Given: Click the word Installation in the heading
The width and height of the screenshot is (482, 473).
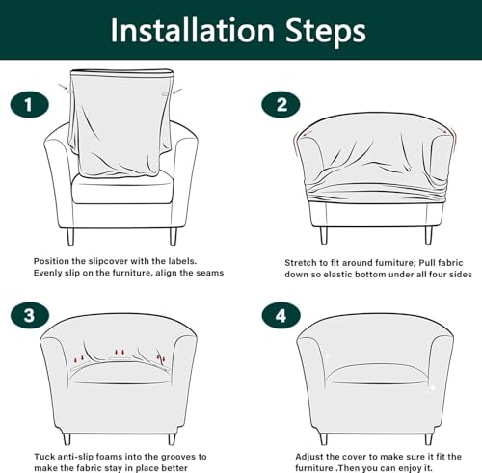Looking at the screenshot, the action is [x=192, y=31].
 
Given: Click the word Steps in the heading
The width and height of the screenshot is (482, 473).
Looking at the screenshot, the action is [x=326, y=32].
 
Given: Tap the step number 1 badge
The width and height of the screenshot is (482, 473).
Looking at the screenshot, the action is [x=30, y=105].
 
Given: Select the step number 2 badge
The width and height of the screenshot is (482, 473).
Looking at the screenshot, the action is [x=281, y=105].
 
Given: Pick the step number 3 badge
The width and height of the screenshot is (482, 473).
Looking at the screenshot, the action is [x=30, y=315].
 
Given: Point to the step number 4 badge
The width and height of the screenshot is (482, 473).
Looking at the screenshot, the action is [x=281, y=315].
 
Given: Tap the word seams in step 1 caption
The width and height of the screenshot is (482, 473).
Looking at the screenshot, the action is [x=209, y=273].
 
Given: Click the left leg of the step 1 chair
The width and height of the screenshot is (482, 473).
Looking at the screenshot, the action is [x=70, y=236].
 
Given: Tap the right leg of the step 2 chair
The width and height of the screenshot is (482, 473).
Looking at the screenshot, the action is [x=429, y=235].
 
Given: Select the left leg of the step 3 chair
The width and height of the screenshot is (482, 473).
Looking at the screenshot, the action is [x=67, y=439].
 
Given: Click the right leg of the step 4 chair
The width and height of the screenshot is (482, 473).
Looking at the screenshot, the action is [x=428, y=439].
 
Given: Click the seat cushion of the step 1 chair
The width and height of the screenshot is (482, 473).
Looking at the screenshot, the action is [x=122, y=190].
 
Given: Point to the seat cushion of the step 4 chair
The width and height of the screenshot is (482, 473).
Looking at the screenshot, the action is [x=376, y=374].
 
